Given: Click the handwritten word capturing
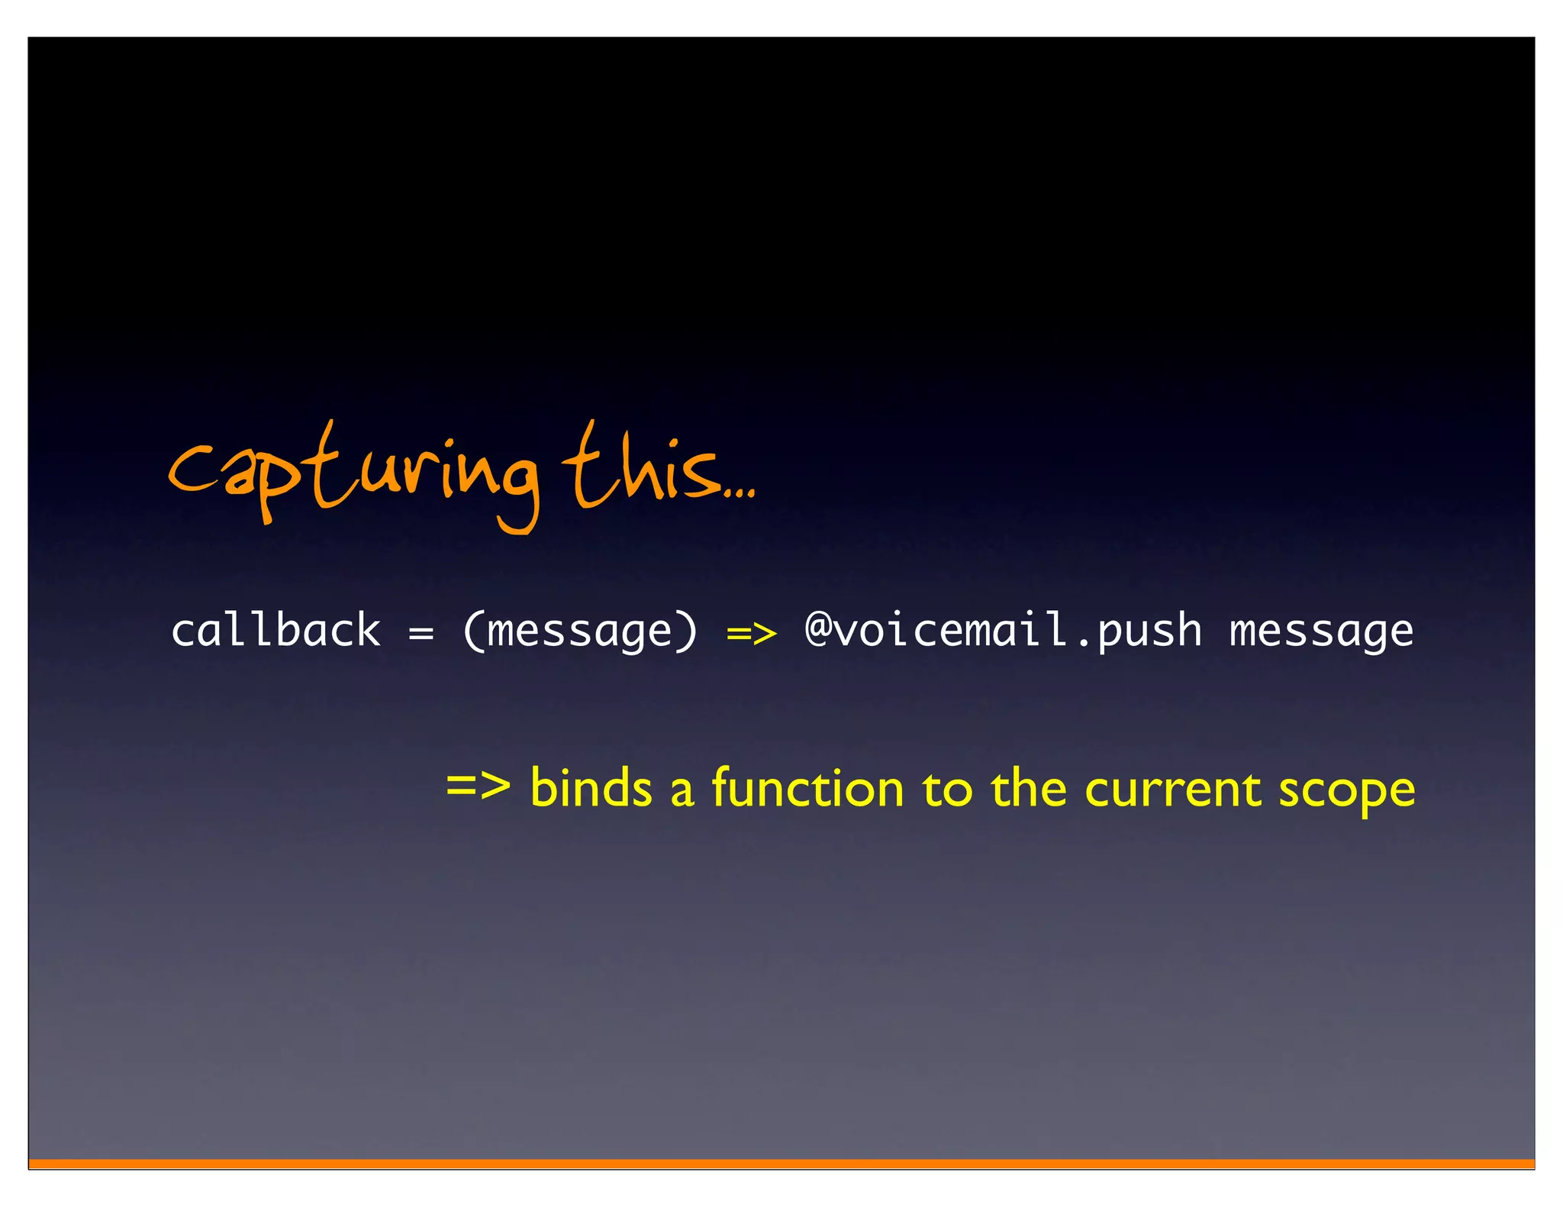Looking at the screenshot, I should tap(353, 473).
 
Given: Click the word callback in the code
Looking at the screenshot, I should tap(276, 631).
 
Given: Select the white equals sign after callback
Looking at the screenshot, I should tap(421, 633).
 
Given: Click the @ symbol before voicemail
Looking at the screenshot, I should tap(818, 630).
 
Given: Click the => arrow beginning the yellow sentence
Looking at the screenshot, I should tap(478, 785).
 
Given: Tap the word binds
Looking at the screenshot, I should tap(591, 787).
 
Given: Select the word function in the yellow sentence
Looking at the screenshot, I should tap(807, 787).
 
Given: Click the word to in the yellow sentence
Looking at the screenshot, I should tap(947, 789).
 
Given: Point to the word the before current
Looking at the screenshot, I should tap(1028, 787).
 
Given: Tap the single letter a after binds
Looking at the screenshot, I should tap(682, 792).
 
